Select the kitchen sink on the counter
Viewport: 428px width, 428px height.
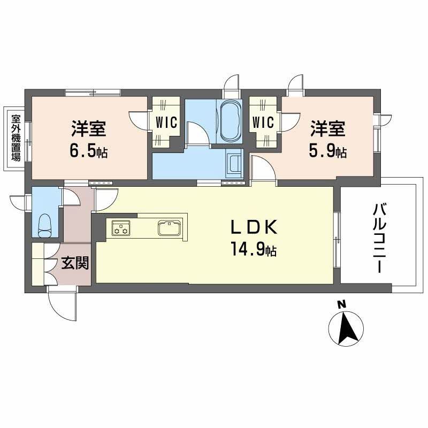[170, 228]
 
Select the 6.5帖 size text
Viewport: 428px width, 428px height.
[88, 152]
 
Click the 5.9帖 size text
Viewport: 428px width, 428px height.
[327, 152]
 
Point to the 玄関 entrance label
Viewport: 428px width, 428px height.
[74, 263]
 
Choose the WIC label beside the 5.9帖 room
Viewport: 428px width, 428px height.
[263, 123]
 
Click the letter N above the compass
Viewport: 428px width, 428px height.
[341, 305]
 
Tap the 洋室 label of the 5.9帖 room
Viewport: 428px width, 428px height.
[327, 130]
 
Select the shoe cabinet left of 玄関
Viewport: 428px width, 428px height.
[39, 264]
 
